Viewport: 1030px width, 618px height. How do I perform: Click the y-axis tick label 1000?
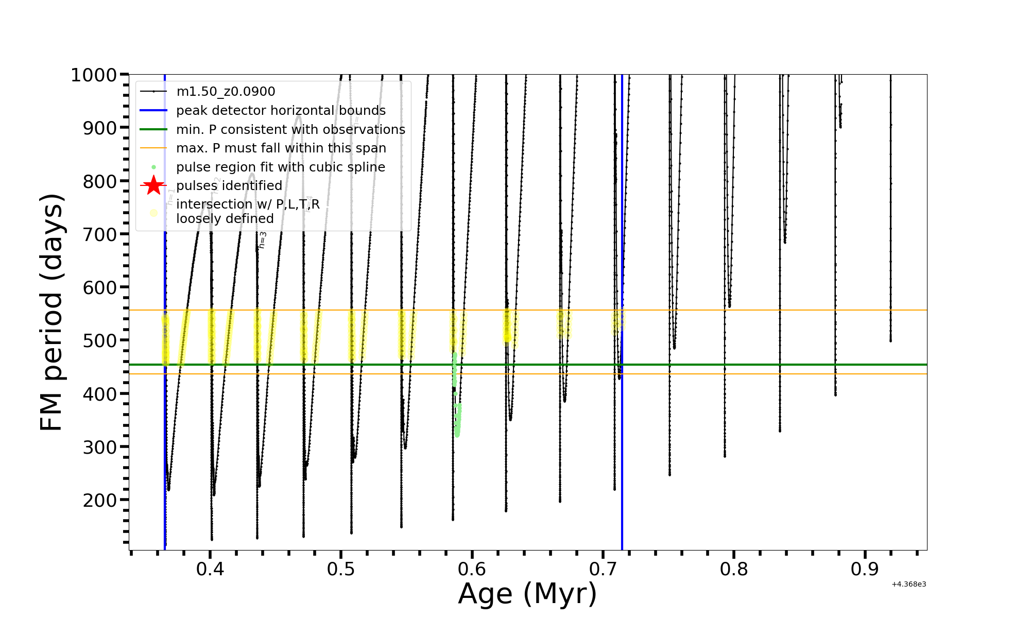pyautogui.click(x=94, y=75)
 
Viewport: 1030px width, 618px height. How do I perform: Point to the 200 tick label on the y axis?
pyautogui.click(x=100, y=500)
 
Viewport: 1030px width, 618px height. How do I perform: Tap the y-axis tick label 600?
pyautogui.click(x=100, y=287)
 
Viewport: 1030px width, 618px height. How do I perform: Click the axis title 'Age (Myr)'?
pyautogui.click(x=527, y=594)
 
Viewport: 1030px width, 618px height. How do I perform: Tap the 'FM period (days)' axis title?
pyautogui.click(x=52, y=312)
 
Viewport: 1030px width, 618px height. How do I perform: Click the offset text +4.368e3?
pyautogui.click(x=908, y=585)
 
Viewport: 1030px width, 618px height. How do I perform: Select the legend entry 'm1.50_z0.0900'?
pyautogui.click(x=226, y=92)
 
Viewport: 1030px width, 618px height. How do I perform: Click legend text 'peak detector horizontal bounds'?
pyautogui.click(x=281, y=111)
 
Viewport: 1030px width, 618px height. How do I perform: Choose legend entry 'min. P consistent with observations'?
pyautogui.click(x=290, y=130)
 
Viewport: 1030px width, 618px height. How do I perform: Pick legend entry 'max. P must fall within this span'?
pyautogui.click(x=281, y=148)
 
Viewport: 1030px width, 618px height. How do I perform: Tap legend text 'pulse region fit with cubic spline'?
pyautogui.click(x=280, y=167)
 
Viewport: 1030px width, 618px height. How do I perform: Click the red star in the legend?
pyautogui.click(x=153, y=185)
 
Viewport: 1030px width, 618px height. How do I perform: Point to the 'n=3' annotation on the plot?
pyautogui.click(x=262, y=240)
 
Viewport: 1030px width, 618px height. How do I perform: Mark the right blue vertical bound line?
pyautogui.click(x=622, y=438)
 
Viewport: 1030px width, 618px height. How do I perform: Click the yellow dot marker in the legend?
pyautogui.click(x=153, y=212)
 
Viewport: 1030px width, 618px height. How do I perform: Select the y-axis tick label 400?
pyautogui.click(x=100, y=393)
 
